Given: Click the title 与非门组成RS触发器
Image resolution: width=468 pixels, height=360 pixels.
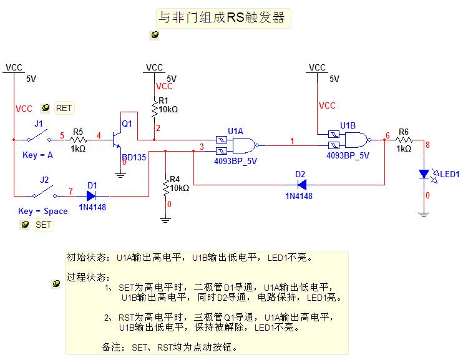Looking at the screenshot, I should coord(223,18).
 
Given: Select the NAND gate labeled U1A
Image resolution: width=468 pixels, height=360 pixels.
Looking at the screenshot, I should coord(241,145).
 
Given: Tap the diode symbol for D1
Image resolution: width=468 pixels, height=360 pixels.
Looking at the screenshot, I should coord(92,195).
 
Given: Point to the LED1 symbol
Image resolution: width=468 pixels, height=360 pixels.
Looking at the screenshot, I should coord(424,173).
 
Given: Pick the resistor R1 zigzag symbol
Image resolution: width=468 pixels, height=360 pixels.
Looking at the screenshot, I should coord(154,109).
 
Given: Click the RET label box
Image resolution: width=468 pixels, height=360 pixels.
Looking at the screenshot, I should coord(64,108).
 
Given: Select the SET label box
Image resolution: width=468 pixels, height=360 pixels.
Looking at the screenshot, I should coord(43,225).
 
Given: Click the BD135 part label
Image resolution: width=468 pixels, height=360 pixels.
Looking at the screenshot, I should coord(134,157).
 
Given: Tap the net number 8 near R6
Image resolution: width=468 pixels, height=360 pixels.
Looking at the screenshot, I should coord(427,145).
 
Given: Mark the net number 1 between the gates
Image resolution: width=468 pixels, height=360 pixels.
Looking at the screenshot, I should coord(293,141).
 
